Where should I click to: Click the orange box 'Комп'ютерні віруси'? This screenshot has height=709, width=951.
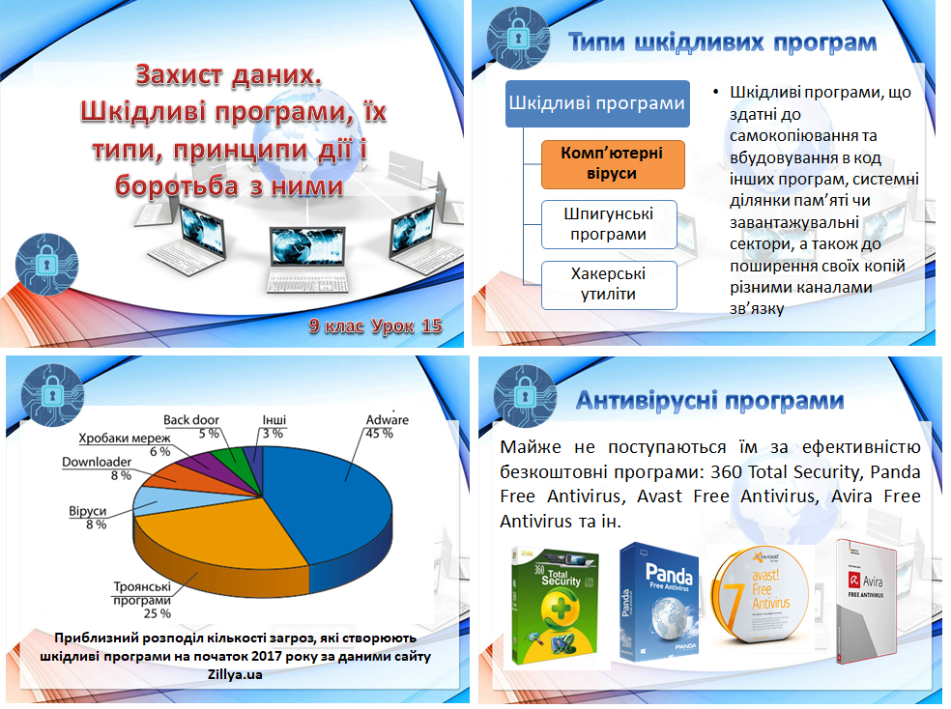click(x=613, y=164)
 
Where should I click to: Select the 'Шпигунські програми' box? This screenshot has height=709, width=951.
click(x=609, y=224)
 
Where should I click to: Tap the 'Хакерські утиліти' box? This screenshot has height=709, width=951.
click(x=609, y=285)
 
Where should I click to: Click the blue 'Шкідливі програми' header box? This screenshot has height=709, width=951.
click(x=597, y=103)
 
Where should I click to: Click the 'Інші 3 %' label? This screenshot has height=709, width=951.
click(x=274, y=426)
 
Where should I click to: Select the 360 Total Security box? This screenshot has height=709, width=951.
click(x=555, y=605)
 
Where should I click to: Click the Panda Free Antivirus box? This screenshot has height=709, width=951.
click(x=660, y=602)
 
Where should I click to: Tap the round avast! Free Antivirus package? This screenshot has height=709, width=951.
click(x=760, y=596)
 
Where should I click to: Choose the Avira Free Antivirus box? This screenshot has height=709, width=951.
click(x=866, y=602)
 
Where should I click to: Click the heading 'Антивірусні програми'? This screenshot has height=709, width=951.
click(x=709, y=401)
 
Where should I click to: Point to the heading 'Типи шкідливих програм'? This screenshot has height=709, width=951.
click(x=722, y=43)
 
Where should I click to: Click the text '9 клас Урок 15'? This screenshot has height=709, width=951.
click(x=375, y=326)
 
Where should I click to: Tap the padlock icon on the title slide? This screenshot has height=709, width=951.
click(x=46, y=265)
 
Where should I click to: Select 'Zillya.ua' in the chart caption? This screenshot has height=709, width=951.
click(x=235, y=674)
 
